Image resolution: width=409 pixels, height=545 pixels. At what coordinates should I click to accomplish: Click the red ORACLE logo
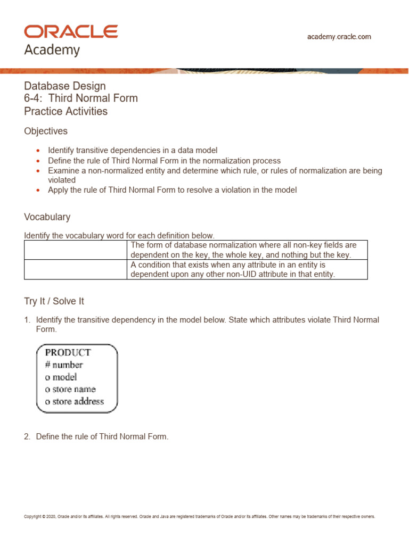click(x=71, y=31)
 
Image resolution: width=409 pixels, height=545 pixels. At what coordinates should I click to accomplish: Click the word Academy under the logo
click(x=52, y=51)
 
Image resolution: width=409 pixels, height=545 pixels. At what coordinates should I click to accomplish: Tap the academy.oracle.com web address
click(x=339, y=37)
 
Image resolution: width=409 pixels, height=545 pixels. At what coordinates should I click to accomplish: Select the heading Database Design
click(x=65, y=86)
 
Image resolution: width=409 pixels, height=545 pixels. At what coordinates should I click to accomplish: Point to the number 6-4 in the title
click(x=33, y=98)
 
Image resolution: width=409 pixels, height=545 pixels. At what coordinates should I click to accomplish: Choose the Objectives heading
click(x=46, y=131)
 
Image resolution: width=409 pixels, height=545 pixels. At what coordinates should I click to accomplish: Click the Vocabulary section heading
click(x=47, y=217)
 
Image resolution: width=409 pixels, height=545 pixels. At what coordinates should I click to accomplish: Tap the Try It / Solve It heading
click(x=54, y=301)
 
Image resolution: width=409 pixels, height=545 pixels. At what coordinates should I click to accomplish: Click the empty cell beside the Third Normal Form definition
click(x=76, y=250)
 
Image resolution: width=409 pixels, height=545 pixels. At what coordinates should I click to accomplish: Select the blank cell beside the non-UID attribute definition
click(x=76, y=269)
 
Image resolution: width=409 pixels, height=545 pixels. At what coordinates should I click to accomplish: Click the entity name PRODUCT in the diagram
click(x=68, y=352)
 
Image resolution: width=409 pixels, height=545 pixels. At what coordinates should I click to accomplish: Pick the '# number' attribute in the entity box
click(x=64, y=365)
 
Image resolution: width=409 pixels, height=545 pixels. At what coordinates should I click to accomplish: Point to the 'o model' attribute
click(x=61, y=377)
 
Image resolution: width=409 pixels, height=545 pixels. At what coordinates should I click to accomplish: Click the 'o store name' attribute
click(x=70, y=389)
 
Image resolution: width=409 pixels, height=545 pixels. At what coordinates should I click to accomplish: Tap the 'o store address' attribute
click(x=75, y=401)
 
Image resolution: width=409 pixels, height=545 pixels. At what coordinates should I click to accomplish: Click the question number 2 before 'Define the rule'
click(x=27, y=436)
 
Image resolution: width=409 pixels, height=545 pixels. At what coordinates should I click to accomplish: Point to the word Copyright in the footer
click(x=33, y=516)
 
